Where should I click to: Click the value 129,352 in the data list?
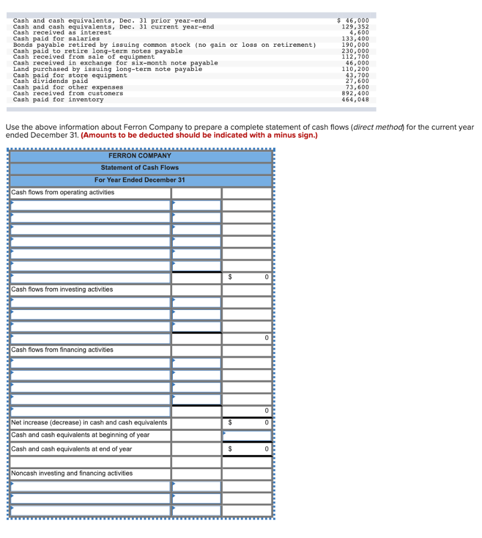pos(355,27)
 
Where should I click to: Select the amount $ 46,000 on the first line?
pos(352,21)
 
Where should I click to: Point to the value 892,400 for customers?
pos(355,94)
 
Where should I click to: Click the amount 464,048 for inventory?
pos(355,99)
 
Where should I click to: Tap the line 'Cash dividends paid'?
pos(50,81)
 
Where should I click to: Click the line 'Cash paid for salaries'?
pos(56,39)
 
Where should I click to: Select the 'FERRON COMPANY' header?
pos(140,156)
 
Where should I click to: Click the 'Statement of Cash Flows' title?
pos(140,168)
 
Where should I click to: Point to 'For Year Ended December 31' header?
pos(140,180)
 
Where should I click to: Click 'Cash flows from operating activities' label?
pos(62,192)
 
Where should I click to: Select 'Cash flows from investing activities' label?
pos(62,289)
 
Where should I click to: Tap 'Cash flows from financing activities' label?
pos(62,350)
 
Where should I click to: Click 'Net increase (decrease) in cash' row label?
pos(89,422)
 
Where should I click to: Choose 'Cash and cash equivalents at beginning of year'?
pos(80,435)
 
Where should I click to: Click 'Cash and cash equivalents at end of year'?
pos(71,449)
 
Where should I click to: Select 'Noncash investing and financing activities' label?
pos(72,473)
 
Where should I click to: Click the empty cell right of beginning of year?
pos(247,436)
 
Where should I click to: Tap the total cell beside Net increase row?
pos(247,423)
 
